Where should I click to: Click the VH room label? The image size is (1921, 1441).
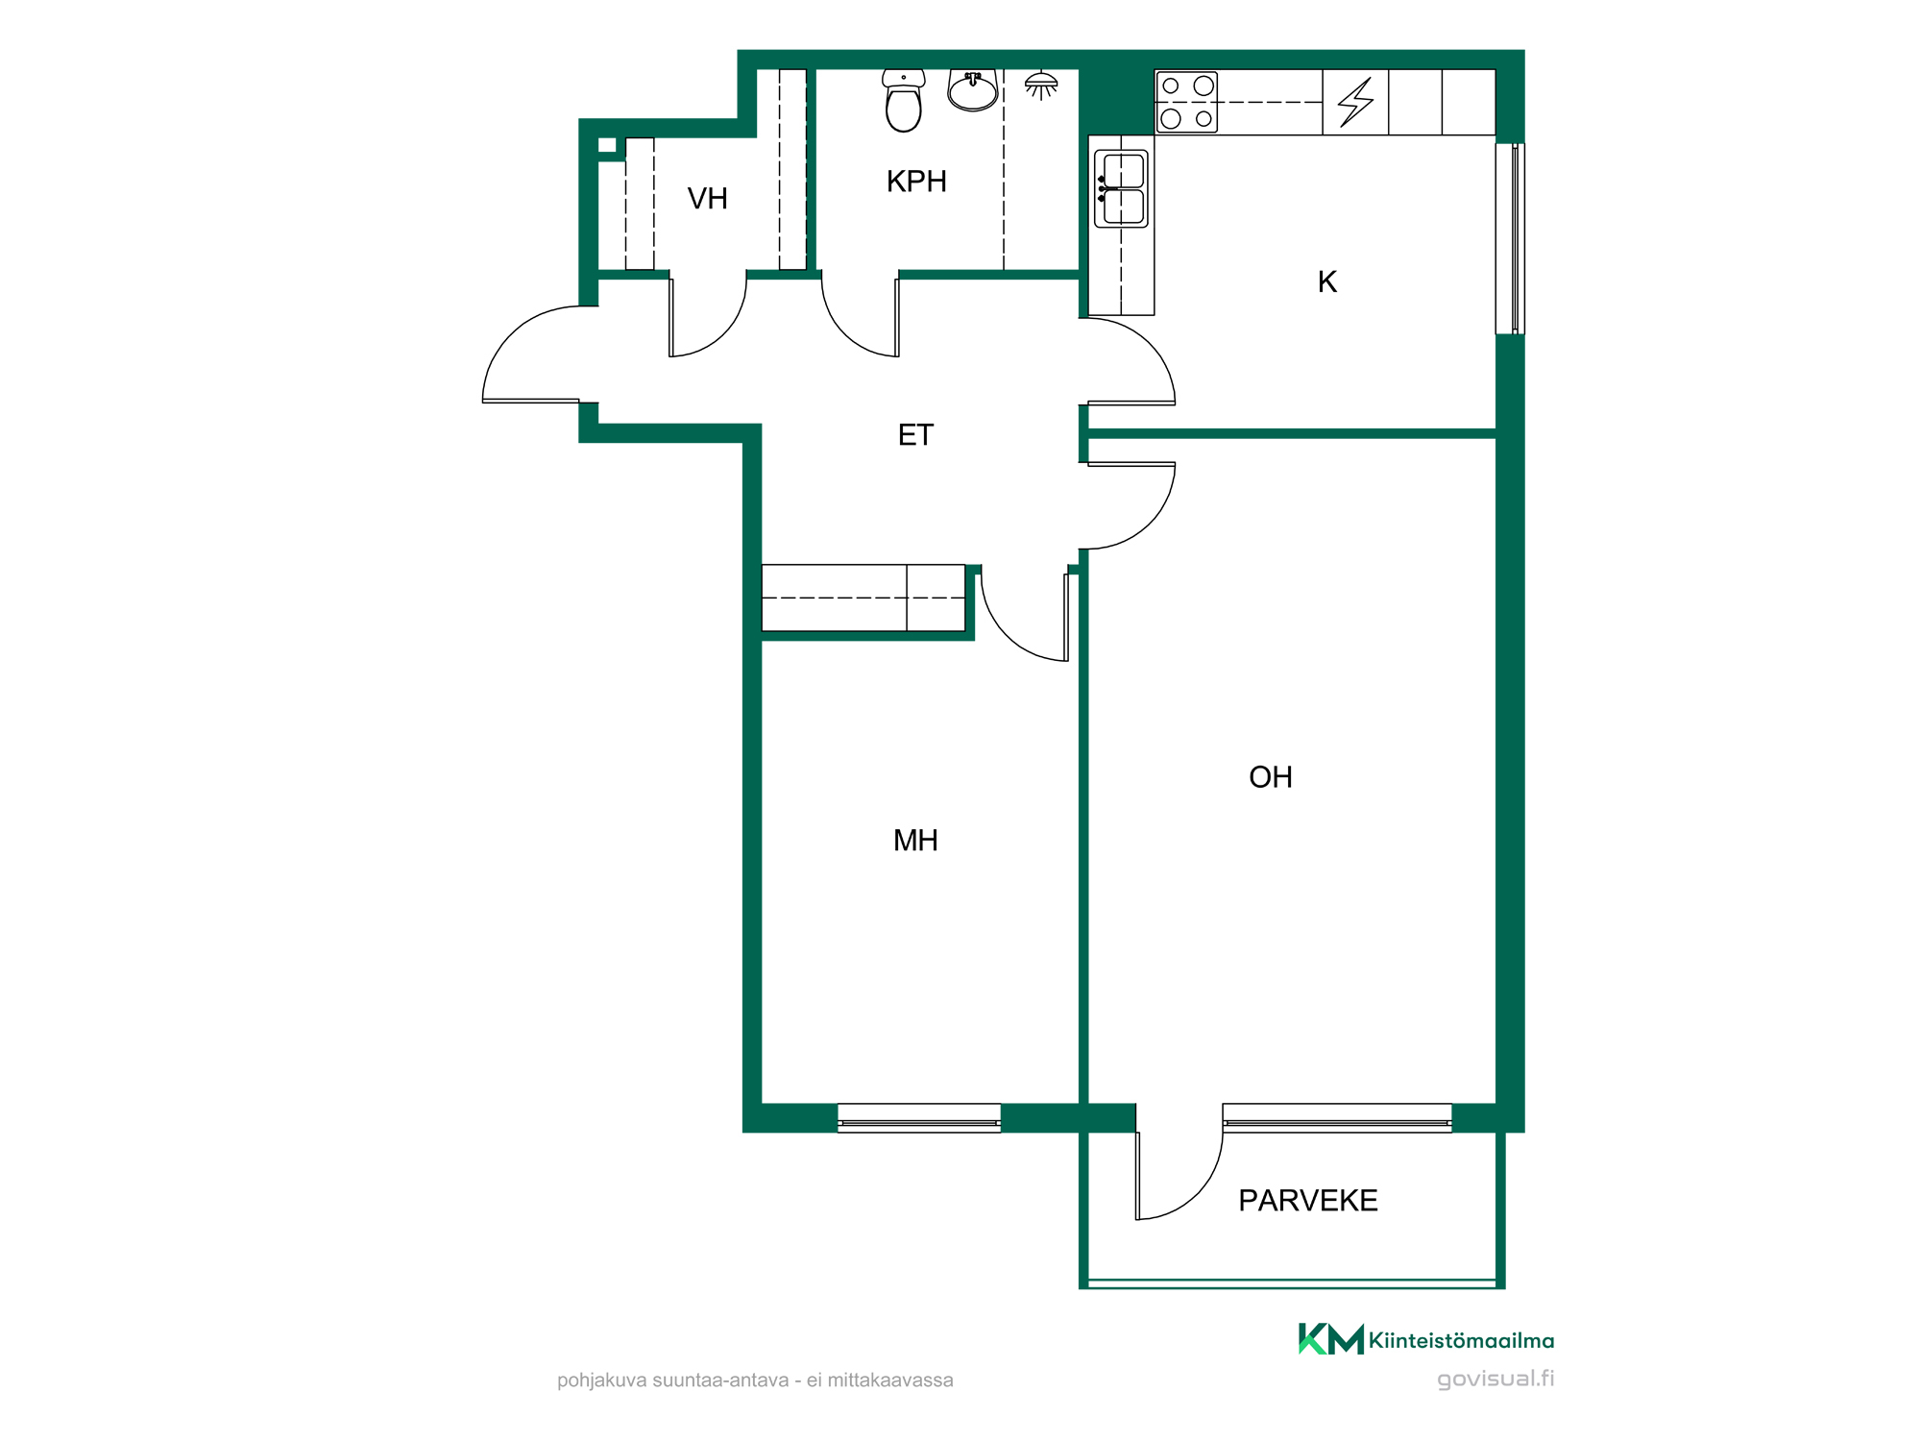(x=708, y=199)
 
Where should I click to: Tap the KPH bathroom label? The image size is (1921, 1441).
(x=916, y=182)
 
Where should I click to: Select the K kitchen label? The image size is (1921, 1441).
(x=1327, y=281)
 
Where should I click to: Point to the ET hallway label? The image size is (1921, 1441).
(x=915, y=435)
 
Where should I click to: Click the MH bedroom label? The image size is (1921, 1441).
(x=915, y=841)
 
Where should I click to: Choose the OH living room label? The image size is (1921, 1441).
(x=1271, y=777)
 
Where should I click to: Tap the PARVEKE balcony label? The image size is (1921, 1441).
(x=1308, y=1201)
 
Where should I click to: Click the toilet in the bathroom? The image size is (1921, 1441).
(x=904, y=100)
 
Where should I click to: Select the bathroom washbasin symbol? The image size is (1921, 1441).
(x=973, y=90)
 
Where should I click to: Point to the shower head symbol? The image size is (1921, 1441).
(x=1041, y=85)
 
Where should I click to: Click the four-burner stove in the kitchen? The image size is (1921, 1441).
(x=1187, y=102)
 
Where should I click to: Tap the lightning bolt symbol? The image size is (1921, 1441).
(x=1356, y=102)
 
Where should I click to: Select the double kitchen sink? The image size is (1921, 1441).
(x=1122, y=188)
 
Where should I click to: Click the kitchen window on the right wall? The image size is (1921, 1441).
(x=1511, y=238)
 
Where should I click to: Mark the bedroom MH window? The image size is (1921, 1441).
(x=919, y=1118)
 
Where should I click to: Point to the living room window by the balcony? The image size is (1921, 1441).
(x=1337, y=1118)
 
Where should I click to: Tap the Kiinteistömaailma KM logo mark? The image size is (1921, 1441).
(x=1331, y=1339)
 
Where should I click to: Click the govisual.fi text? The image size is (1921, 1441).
(x=1495, y=1380)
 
